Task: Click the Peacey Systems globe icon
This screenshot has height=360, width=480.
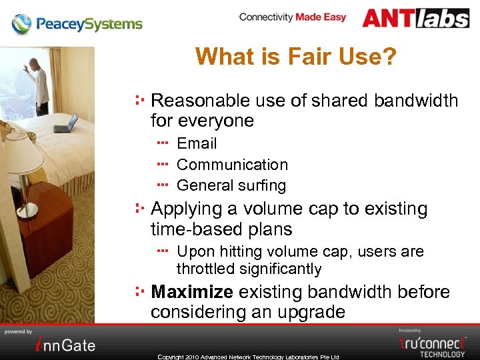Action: [x=21, y=24]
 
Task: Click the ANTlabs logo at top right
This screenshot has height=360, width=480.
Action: [x=415, y=18]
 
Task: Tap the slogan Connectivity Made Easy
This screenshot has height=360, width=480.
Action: [x=292, y=17]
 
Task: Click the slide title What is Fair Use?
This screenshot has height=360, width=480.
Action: [x=295, y=57]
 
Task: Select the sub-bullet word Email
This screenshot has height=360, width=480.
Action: [x=197, y=143]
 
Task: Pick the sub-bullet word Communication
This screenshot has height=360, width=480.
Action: [x=232, y=165]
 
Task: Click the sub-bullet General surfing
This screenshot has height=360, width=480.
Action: [x=231, y=185]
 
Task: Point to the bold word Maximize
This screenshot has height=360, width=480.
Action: [x=192, y=292]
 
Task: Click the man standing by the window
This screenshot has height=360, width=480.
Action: [x=39, y=84]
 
